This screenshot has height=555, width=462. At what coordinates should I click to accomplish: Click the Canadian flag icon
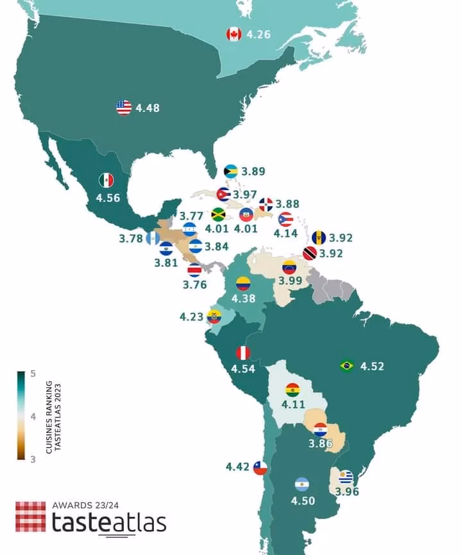point(234,34)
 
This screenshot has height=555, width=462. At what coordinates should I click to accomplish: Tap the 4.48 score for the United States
point(148,108)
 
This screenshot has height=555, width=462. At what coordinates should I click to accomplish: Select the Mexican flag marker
point(106,181)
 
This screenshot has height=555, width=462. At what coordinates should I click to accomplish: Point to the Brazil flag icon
point(347,366)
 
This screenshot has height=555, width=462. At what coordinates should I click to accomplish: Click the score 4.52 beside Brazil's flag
point(372,366)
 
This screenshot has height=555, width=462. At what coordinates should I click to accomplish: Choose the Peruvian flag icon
point(243,353)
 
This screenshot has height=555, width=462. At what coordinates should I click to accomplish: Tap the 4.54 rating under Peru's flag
point(243,369)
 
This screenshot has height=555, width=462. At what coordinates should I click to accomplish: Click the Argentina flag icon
point(302,484)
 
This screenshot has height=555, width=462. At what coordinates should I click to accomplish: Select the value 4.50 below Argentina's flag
point(303,501)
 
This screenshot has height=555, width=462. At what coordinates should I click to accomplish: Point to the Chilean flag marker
point(259,468)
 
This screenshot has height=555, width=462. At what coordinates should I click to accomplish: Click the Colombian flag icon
point(243,283)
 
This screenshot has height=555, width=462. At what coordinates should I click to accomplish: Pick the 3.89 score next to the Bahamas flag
point(253,172)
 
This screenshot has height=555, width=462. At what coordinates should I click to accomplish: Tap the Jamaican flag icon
point(219,215)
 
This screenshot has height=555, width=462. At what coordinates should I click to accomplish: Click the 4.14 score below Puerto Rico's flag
point(286,234)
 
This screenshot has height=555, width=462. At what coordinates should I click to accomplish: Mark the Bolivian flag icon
point(293,390)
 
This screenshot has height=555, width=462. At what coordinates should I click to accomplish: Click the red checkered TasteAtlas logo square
point(31,517)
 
